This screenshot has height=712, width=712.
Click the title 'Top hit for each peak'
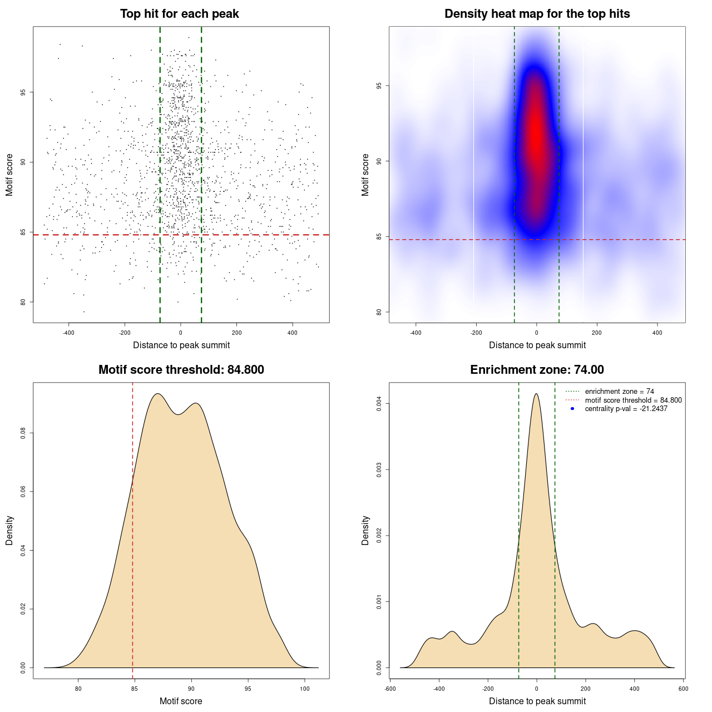(179, 14)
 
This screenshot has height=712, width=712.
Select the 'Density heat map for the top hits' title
(537, 14)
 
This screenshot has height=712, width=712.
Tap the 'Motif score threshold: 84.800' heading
(181, 370)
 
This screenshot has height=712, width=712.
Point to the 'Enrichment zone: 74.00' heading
(537, 370)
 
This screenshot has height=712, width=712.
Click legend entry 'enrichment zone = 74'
(619, 392)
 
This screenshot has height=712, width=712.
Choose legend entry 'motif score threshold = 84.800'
(633, 400)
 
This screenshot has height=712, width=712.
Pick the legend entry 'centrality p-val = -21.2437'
(626, 409)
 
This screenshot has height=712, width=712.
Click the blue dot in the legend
(572, 409)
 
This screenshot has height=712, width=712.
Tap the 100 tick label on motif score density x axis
(305, 689)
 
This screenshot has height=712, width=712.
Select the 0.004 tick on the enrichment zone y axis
(379, 403)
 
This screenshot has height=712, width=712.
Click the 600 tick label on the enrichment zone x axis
(684, 689)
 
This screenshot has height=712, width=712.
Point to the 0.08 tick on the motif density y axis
(23, 433)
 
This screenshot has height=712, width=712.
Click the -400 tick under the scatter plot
(68, 333)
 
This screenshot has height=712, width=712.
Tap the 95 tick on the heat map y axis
(379, 86)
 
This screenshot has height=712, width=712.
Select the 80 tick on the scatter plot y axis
(23, 302)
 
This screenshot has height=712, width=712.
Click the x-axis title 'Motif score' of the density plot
(181, 701)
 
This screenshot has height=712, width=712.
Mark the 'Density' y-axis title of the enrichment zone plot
(365, 530)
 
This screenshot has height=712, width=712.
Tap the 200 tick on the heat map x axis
(597, 333)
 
